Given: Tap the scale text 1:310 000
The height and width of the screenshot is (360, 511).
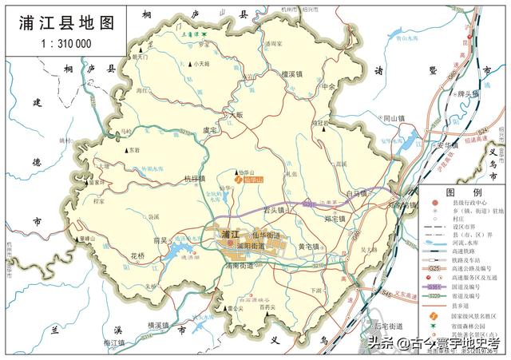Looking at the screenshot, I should pos(64,44).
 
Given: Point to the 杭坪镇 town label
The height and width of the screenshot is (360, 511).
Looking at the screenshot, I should pos(194,179).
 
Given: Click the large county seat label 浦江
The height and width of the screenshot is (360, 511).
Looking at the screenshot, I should pos(232,234).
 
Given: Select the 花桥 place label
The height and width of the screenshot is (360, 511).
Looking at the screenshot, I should pos(138,255).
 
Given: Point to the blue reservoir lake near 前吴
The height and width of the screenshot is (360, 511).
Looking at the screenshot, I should pos(177,254).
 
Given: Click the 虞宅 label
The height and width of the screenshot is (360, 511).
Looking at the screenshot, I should pos(210,129).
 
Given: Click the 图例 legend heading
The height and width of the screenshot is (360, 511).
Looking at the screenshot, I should pos(463,193).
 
